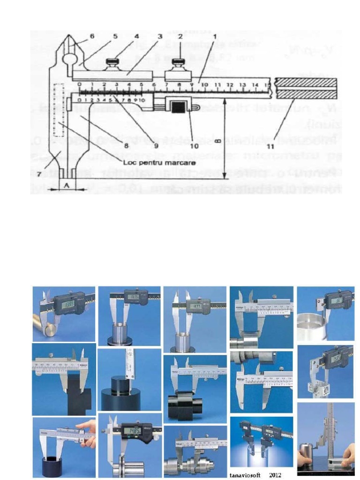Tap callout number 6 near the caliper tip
point(92,36)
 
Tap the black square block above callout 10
point(178,107)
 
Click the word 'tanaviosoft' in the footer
point(246,474)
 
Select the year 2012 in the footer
point(276,474)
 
